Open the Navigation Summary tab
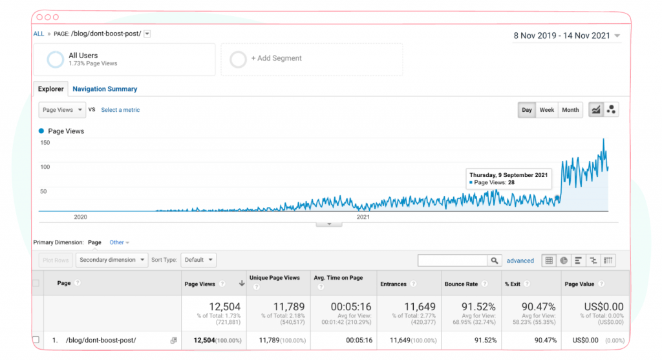tap(105, 89)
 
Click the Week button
tap(547, 110)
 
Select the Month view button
tap(570, 110)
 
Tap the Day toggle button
tap(526, 110)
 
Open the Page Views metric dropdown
tap(62, 110)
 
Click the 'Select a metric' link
tap(120, 110)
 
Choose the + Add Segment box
tap(312, 59)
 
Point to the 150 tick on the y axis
tap(45, 143)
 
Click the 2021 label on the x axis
tap(363, 217)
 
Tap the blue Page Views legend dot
tap(41, 131)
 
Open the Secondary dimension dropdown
tap(112, 260)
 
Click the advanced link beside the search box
tap(520, 261)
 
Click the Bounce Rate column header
tap(461, 284)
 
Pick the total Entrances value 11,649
tap(420, 307)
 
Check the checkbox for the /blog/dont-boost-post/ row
tap(36, 340)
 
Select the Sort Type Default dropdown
tap(198, 260)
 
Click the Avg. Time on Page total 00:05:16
tap(351, 307)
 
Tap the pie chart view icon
tap(564, 260)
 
